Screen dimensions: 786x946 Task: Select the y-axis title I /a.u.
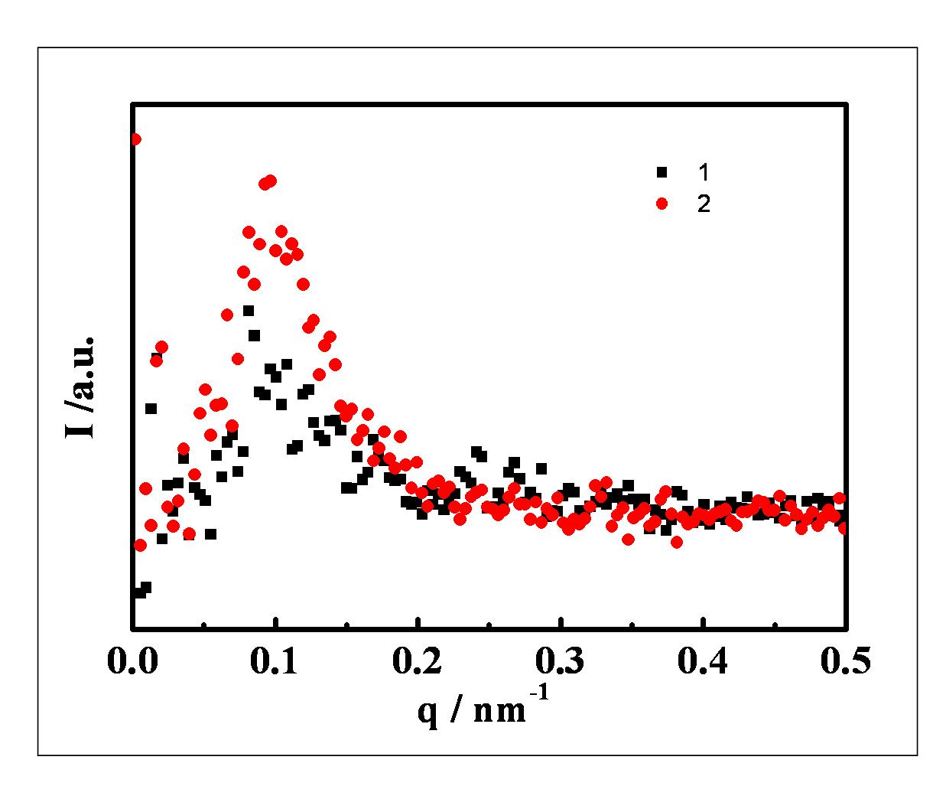[x=80, y=386]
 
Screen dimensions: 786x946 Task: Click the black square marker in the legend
[x=662, y=171]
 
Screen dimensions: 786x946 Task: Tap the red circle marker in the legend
[x=662, y=204]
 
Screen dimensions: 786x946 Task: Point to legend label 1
[x=703, y=171]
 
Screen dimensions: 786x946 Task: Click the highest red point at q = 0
[x=135, y=139]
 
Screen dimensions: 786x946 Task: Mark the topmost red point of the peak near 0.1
[x=270, y=181]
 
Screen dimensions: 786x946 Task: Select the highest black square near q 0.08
[x=249, y=310]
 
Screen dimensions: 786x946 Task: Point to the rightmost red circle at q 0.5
[x=844, y=527]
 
